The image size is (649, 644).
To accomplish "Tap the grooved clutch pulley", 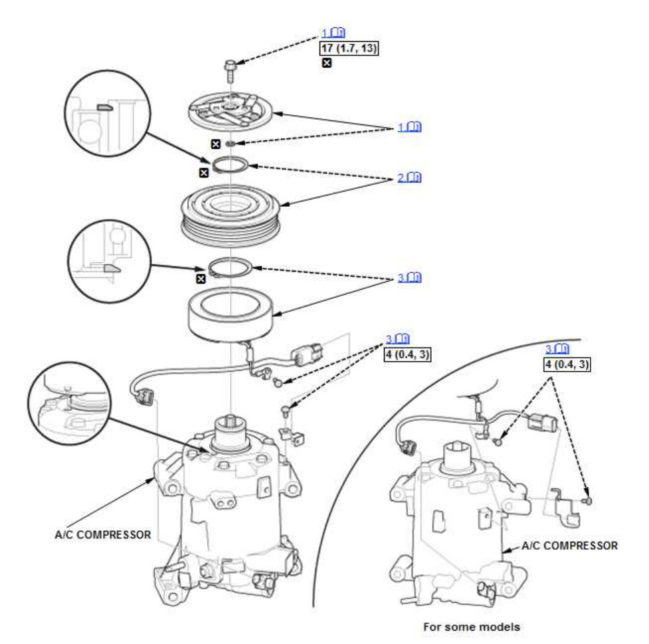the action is click(231, 216).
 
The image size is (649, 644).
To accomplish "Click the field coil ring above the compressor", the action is click(230, 315).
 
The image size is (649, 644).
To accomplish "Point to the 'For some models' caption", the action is click(472, 627).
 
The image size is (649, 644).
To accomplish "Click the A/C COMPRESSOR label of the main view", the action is click(103, 534).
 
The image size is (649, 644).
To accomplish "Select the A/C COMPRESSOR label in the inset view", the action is click(569, 546).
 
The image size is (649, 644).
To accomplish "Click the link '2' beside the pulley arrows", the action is click(409, 177).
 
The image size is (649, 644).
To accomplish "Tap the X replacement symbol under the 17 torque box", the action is click(327, 62).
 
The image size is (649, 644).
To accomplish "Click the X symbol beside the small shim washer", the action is click(216, 144).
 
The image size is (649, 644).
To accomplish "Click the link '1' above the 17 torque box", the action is click(333, 33).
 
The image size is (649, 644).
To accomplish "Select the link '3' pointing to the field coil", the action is click(409, 277).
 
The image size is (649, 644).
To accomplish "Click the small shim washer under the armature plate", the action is click(231, 144).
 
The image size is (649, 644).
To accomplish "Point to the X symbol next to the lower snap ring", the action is click(201, 278).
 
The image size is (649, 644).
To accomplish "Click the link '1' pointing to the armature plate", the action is click(409, 127).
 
